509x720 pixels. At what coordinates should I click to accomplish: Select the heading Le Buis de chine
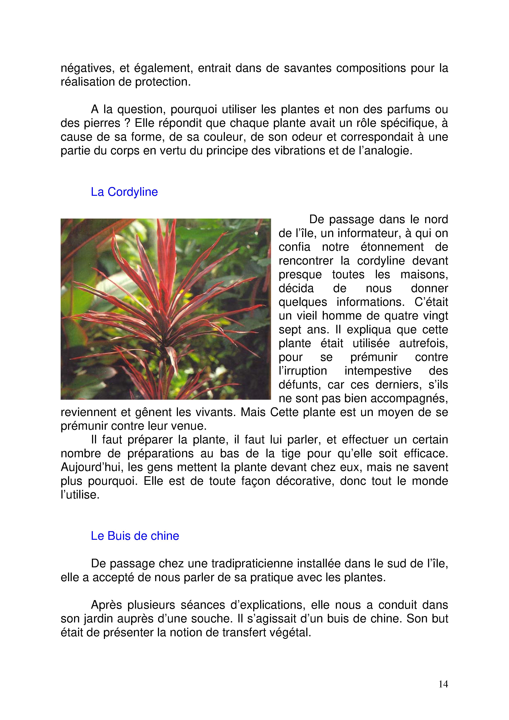[135, 536]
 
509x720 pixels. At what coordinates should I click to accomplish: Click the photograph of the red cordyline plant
[166, 309]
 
